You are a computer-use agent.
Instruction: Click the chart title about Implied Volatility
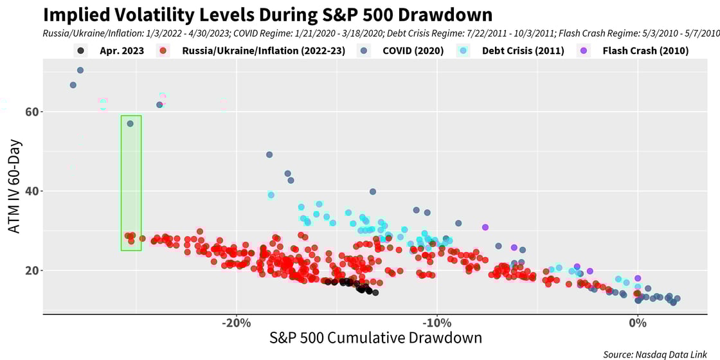267,15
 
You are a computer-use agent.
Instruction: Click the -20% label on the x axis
236,323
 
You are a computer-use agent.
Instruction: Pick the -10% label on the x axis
437,323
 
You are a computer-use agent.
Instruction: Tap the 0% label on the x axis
637,323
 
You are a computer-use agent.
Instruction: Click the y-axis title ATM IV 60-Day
15,186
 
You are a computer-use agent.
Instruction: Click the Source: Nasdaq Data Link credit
660,354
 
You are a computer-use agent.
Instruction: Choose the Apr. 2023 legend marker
80,51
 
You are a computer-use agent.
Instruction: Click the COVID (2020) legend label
413,51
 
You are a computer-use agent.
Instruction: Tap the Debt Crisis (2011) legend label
523,51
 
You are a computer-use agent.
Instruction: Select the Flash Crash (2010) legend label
645,51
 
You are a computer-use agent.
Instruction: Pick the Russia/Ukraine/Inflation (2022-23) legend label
264,51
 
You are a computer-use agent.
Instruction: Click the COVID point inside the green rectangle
130,123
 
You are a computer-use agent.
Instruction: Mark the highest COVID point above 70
80,70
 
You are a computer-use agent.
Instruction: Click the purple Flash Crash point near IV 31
485,227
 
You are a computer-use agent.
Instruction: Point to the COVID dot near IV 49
269,154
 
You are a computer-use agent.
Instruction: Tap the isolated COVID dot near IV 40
373,192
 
